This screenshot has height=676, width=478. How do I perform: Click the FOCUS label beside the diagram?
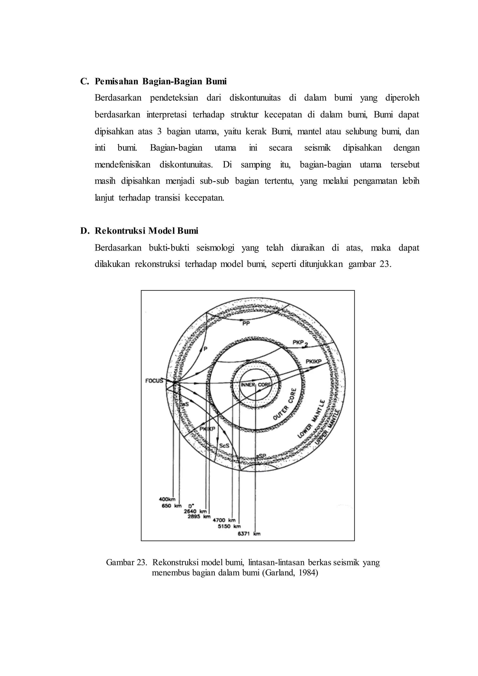pyautogui.click(x=154, y=381)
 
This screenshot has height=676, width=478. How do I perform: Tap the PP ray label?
pyautogui.click(x=246, y=324)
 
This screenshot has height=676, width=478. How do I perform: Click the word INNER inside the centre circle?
pyautogui.click(x=248, y=385)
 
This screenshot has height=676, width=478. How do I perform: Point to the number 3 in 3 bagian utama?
pyautogui.click(x=159, y=131)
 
